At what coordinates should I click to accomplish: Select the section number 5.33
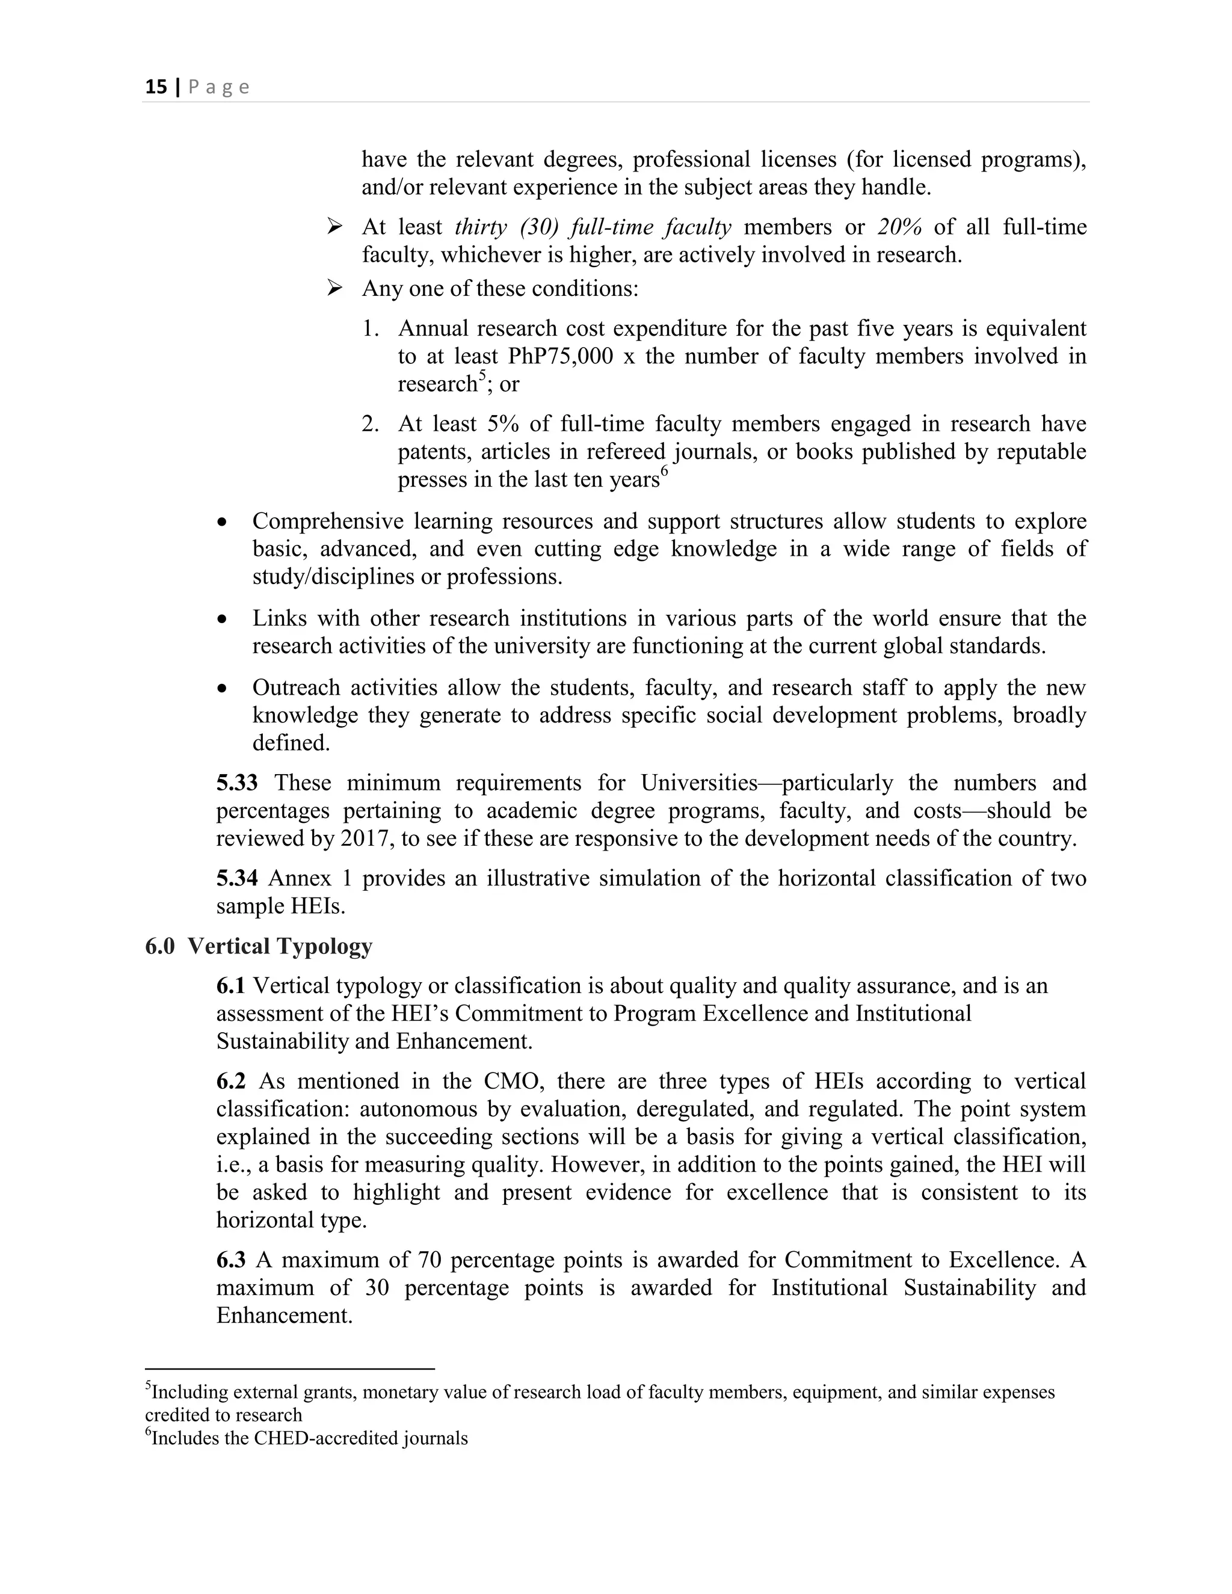[x=236, y=783]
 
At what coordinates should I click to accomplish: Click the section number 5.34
[x=236, y=878]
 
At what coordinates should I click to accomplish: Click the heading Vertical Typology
[x=280, y=947]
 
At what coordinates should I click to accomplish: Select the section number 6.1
[x=230, y=986]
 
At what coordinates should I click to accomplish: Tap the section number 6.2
[x=230, y=1081]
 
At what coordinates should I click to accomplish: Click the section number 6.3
[x=230, y=1260]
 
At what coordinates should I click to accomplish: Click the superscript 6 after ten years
[x=664, y=471]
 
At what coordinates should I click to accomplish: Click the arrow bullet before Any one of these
[x=335, y=289]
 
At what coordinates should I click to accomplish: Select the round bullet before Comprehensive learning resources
[x=223, y=523]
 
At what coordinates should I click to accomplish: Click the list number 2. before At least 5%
[x=370, y=424]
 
